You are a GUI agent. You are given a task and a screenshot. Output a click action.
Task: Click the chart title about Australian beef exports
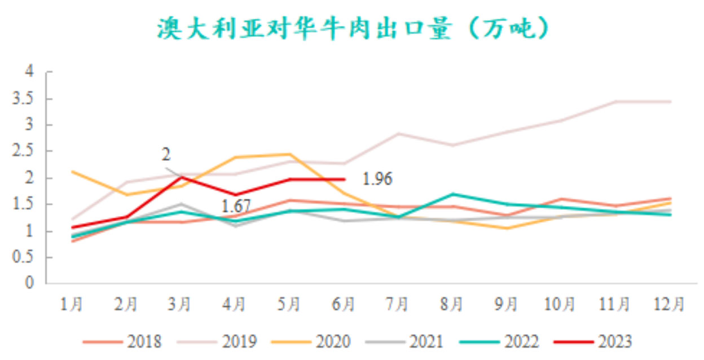pyautogui.click(x=352, y=28)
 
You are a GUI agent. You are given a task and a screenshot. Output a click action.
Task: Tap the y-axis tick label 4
pyautogui.click(x=30, y=72)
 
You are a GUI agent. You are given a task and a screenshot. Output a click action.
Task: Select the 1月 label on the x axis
pyautogui.click(x=72, y=304)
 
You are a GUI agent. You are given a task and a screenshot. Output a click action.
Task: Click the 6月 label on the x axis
pyautogui.click(x=344, y=304)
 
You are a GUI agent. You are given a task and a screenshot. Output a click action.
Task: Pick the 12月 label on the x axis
pyautogui.click(x=670, y=304)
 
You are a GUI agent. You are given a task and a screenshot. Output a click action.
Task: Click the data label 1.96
pyautogui.click(x=377, y=179)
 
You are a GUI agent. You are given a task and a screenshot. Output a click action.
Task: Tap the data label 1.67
pyautogui.click(x=236, y=207)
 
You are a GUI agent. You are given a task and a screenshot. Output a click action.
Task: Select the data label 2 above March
pyautogui.click(x=166, y=155)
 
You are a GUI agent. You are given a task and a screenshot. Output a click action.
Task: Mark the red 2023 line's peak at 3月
pyautogui.click(x=181, y=177)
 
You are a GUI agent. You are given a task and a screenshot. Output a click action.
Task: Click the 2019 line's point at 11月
pyautogui.click(x=616, y=102)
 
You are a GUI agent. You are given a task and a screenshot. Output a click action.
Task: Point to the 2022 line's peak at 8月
pyautogui.click(x=452, y=194)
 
